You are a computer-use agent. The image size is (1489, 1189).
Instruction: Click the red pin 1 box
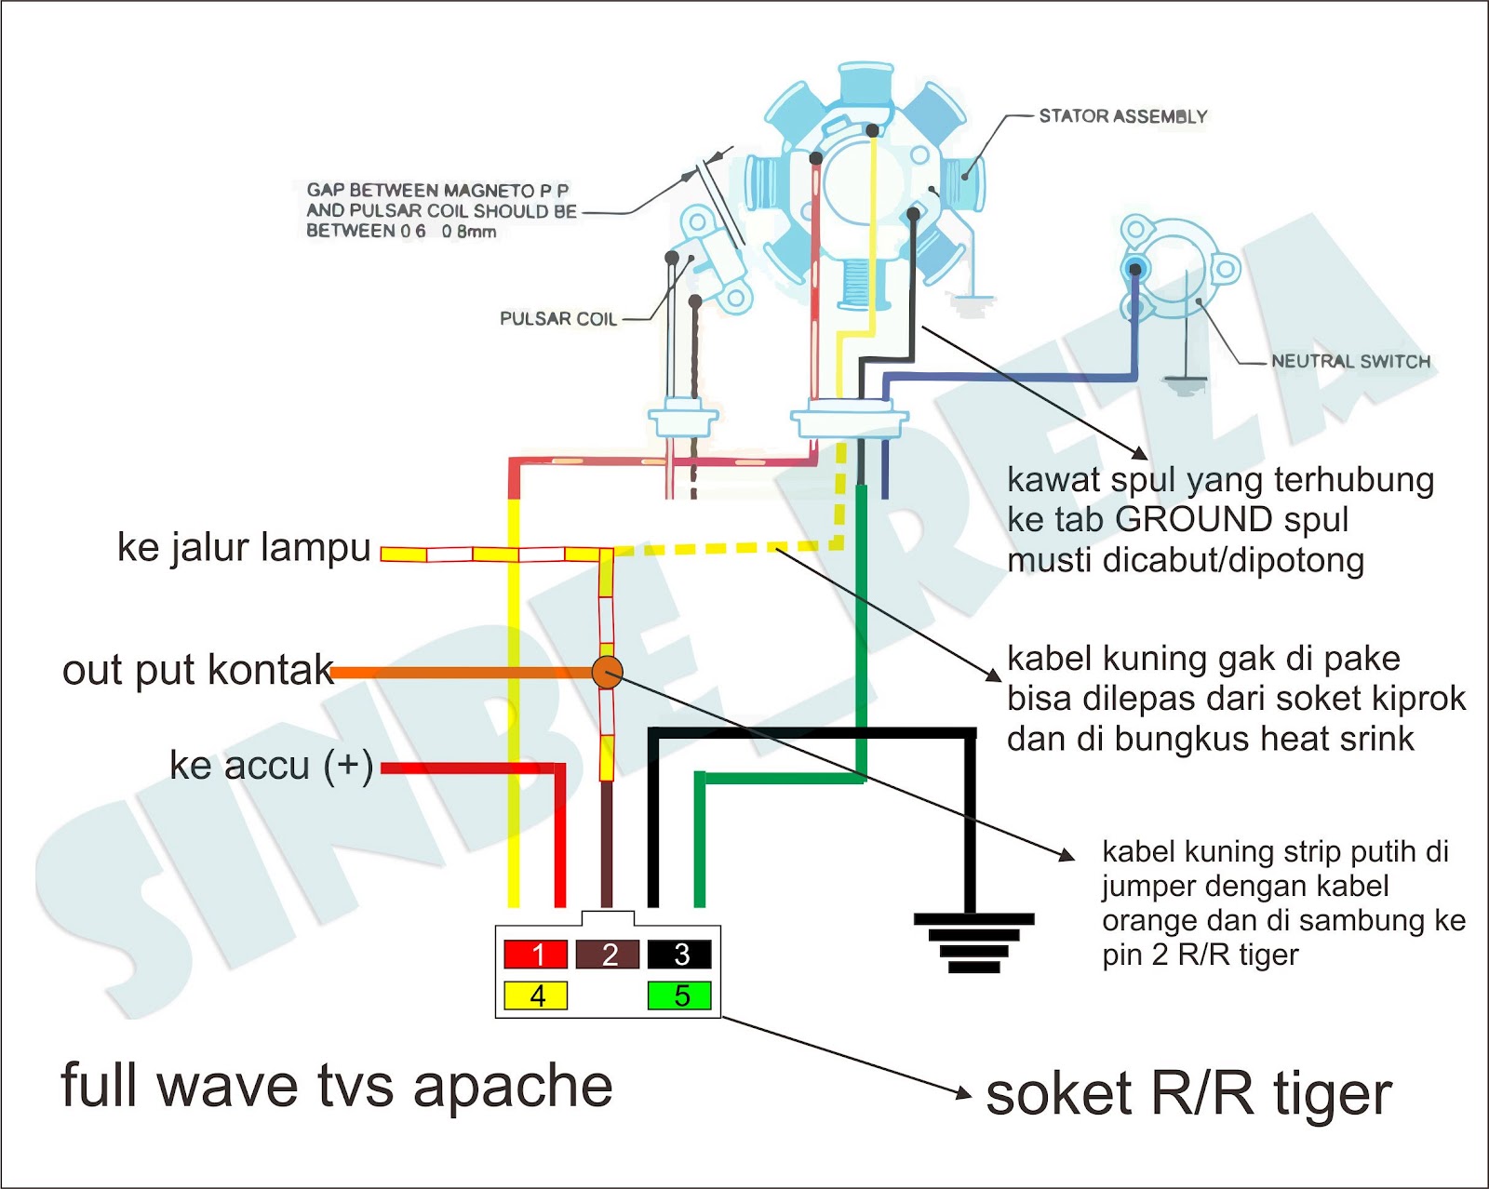535,955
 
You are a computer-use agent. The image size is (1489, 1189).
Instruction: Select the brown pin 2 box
608,955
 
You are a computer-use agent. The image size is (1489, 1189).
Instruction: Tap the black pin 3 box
679,955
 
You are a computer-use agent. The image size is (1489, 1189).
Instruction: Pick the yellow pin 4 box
535,995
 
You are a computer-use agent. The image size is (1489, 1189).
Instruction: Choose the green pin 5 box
679,995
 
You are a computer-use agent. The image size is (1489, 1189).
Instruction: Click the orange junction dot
607,672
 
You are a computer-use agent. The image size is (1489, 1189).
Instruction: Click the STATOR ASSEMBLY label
1122,116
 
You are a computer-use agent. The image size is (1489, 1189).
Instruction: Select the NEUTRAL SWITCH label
1350,361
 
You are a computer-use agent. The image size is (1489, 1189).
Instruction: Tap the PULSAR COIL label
558,318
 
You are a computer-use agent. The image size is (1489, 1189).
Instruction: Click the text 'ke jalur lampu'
244,547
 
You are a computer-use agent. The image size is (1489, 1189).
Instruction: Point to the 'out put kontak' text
197,670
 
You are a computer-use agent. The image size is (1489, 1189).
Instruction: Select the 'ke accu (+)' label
271,766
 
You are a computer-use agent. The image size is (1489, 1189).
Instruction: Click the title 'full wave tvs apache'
336,1086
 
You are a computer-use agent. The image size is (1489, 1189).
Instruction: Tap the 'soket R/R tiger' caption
1188,1094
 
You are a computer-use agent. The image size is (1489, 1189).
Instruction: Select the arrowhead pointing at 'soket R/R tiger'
965,1093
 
